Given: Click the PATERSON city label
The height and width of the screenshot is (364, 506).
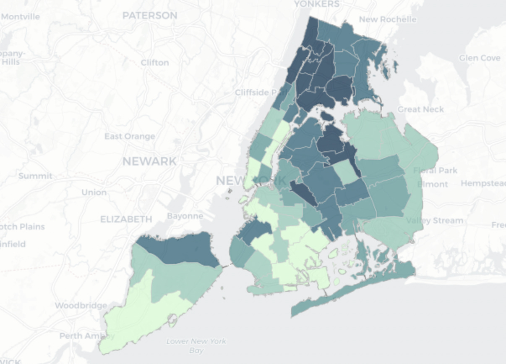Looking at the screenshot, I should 150,16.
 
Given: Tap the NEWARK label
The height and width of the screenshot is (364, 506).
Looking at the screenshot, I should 150,161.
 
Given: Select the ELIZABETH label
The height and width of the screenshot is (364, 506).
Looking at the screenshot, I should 126,219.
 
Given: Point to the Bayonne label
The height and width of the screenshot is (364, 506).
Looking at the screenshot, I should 185,216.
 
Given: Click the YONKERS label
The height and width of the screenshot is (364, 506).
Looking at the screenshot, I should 317,4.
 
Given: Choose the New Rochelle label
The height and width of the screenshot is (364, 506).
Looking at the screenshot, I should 388,19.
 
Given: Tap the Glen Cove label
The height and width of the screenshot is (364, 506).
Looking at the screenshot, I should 480,58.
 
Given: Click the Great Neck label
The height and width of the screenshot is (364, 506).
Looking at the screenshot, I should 420,109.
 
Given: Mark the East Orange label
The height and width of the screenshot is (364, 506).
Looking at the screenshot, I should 130,136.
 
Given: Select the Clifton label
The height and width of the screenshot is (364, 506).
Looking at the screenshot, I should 155,63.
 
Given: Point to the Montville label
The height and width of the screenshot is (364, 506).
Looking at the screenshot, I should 21,16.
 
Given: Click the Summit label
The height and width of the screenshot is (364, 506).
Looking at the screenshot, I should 35,176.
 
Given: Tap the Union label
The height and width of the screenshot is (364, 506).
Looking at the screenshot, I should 94,192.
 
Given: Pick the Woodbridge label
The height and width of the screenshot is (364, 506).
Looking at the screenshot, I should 81,306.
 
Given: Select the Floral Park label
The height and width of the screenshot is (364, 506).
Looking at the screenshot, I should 435,170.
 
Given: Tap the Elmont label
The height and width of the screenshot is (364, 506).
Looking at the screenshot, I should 433,184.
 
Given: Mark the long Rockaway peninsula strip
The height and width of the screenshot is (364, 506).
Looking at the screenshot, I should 352,290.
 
